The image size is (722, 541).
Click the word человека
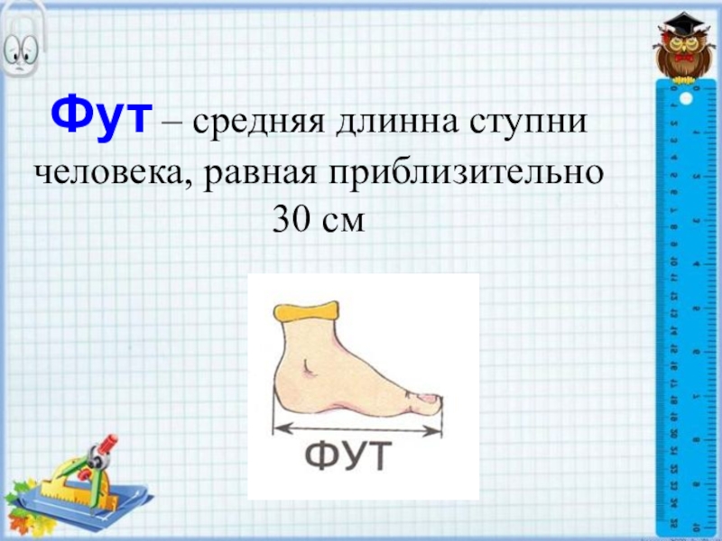[114, 174]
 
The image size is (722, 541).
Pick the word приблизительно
[466, 174]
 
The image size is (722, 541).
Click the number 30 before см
[291, 220]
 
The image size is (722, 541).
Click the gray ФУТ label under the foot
[348, 455]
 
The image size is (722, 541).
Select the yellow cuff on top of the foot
[306, 311]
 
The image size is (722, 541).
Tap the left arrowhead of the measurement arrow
[282, 429]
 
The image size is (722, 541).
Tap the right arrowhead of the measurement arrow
[434, 431]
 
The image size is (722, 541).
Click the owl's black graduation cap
[683, 24]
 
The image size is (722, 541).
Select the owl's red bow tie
[684, 58]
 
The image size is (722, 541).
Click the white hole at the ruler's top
[686, 98]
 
